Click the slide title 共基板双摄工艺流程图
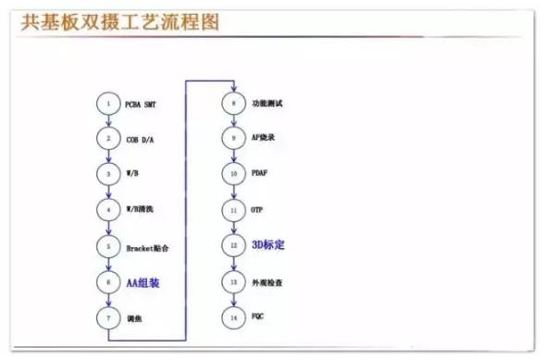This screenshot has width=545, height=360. coord(120,20)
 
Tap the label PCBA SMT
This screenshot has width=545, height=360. coord(143,104)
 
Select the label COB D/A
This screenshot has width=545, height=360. coord(142,139)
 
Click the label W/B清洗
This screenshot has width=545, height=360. coord(142,211)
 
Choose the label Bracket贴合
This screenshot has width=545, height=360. coord(148,247)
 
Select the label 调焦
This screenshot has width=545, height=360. coord(135,318)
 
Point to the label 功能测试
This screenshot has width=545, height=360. coord(266,102)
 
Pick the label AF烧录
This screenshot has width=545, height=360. coord(262,138)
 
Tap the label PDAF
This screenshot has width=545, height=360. coord(260,174)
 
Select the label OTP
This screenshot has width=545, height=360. coord(257,210)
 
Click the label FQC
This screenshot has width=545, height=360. coord(258,317)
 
